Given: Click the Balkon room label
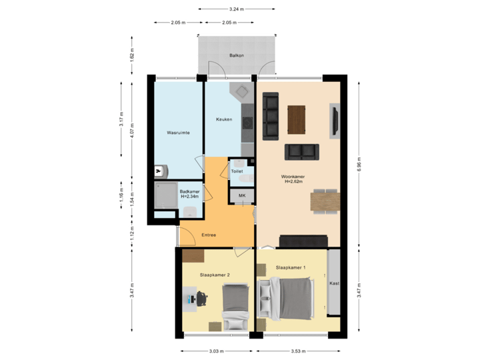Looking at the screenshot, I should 236,56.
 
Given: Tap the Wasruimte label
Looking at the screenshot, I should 178,133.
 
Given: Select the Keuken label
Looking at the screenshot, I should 224,119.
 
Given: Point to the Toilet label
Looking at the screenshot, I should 236,171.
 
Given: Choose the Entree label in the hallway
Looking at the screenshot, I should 209,235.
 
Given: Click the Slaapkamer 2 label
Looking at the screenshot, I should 215,275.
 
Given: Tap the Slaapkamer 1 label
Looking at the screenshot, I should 291,267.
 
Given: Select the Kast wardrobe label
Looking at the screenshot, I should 335,283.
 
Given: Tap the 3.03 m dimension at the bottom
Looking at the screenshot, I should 217,350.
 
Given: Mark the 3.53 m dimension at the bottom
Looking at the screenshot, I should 297,350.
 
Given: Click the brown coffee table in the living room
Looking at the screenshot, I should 297,119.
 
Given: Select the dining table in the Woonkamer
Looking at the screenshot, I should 325,201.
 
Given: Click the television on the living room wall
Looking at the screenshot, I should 335,120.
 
